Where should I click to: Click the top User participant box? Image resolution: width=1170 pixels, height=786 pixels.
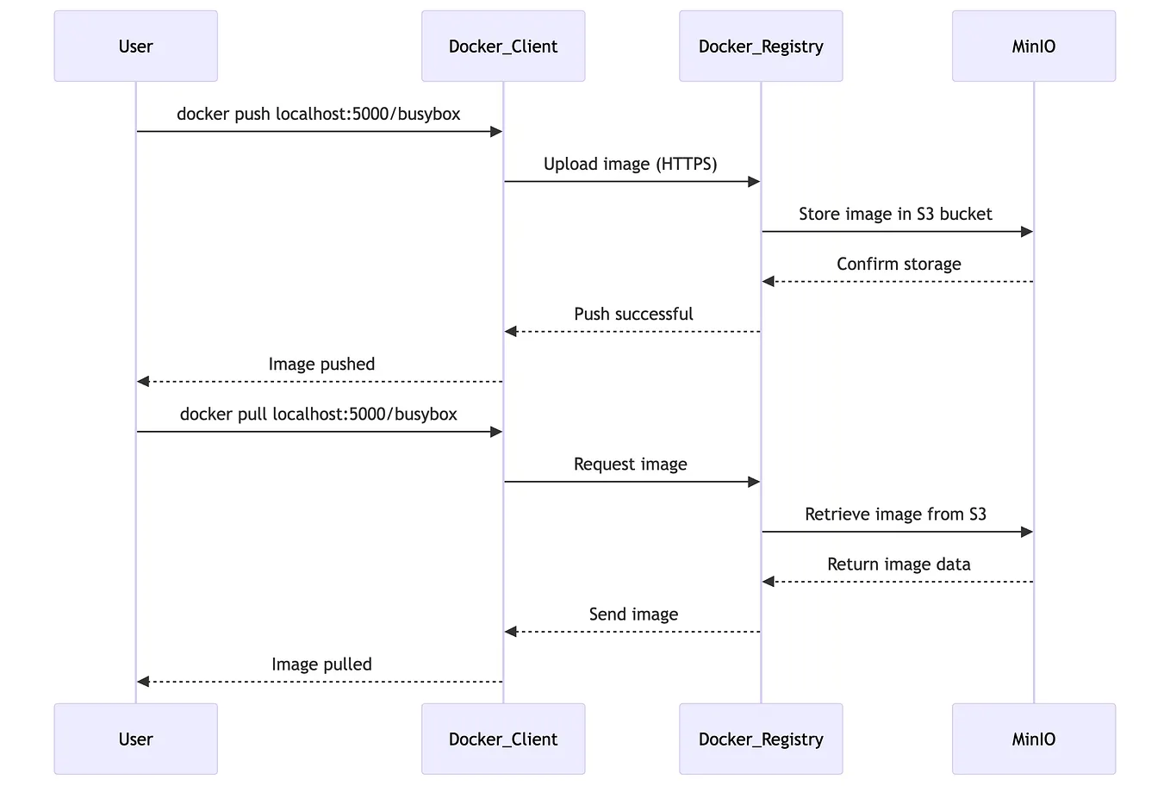[135, 47]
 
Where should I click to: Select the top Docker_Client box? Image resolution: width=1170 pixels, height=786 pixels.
[503, 47]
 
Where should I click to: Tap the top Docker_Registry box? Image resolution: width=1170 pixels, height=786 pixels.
[761, 47]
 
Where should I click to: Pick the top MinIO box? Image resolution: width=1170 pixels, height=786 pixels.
[1033, 47]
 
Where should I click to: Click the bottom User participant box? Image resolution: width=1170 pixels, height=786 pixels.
[135, 739]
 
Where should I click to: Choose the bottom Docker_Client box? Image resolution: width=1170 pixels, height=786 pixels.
[503, 739]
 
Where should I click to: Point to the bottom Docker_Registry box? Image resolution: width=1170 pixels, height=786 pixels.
[761, 739]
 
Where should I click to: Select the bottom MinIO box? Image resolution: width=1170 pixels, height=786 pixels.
[1033, 739]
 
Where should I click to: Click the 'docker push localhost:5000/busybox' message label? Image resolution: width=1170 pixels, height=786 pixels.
[319, 114]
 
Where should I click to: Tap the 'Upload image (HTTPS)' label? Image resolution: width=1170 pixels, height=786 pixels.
[630, 164]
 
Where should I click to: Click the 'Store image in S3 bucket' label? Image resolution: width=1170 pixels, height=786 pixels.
[895, 214]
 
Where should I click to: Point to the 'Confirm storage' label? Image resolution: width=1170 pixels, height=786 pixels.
[899, 264]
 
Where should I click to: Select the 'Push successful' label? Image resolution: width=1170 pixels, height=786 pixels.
[633, 314]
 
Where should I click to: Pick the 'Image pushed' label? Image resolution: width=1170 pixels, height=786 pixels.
[321, 364]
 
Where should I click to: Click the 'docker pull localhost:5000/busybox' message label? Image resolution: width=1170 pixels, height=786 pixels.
[319, 414]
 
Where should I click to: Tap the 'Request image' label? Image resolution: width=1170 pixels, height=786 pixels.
[630, 465]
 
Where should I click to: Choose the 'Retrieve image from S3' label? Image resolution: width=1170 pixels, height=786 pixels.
[895, 515]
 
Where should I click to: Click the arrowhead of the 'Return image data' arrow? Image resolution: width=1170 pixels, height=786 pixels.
[769, 582]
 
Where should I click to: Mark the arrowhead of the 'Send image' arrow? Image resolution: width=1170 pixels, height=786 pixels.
[511, 632]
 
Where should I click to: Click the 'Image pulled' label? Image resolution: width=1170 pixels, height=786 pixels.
[321, 664]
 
